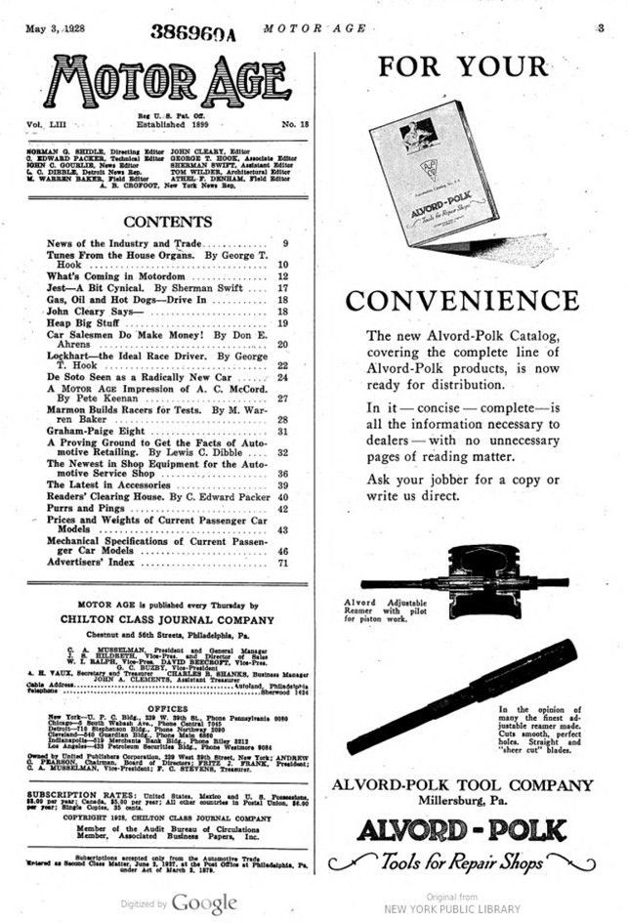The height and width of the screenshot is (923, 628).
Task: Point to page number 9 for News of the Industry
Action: tap(285, 243)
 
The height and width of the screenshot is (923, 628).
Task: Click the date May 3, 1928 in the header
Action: tap(56, 29)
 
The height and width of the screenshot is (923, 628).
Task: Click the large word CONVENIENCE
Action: tap(476, 300)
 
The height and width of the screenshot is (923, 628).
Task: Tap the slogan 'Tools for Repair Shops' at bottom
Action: tap(476, 861)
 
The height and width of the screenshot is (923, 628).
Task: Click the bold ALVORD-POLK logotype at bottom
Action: tap(476, 830)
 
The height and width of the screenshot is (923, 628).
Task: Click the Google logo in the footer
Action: tap(204, 903)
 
